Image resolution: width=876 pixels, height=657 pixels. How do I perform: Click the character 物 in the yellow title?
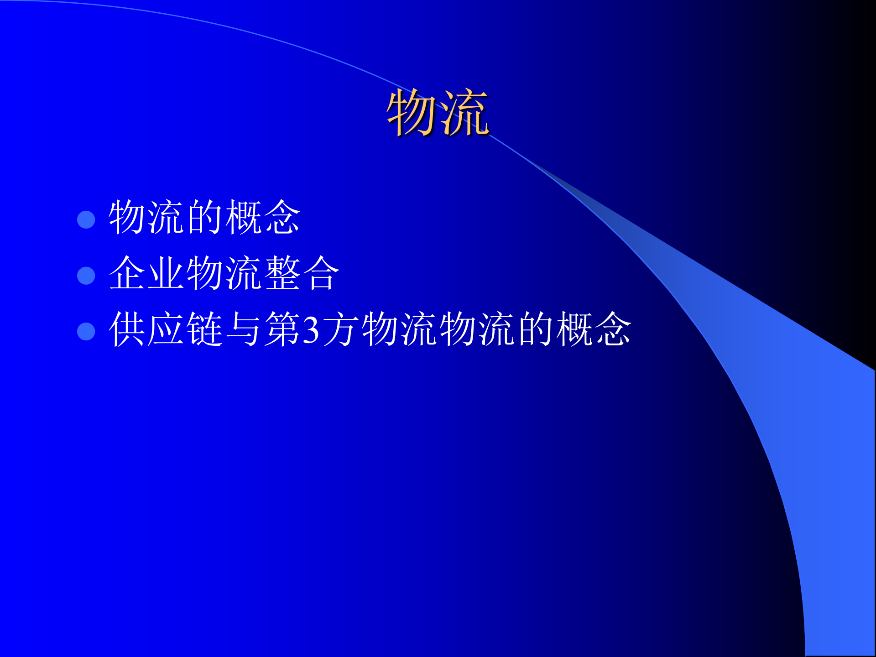pos(412,112)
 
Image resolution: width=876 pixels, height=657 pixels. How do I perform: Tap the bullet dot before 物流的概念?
pos(86,219)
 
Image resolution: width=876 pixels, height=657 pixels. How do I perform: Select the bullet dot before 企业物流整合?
pos(86,276)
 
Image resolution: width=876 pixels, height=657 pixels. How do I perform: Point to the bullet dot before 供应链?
pos(86,332)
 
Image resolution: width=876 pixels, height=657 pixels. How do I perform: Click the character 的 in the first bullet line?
pos(204,217)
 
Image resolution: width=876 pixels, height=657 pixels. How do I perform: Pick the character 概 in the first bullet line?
pos(243,217)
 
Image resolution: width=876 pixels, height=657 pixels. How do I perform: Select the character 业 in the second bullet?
pos(165,273)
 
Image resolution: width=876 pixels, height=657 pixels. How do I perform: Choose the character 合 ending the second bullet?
pos(321,273)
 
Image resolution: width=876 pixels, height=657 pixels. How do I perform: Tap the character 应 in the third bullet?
pos(165,329)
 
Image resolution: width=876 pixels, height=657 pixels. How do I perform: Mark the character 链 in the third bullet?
pos(204,329)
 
